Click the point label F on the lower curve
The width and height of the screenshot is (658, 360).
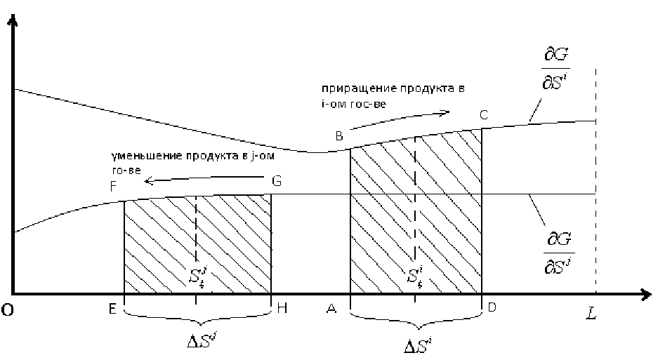point(114,187)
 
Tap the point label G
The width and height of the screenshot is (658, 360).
point(277,182)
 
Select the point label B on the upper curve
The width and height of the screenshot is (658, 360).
point(338,136)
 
